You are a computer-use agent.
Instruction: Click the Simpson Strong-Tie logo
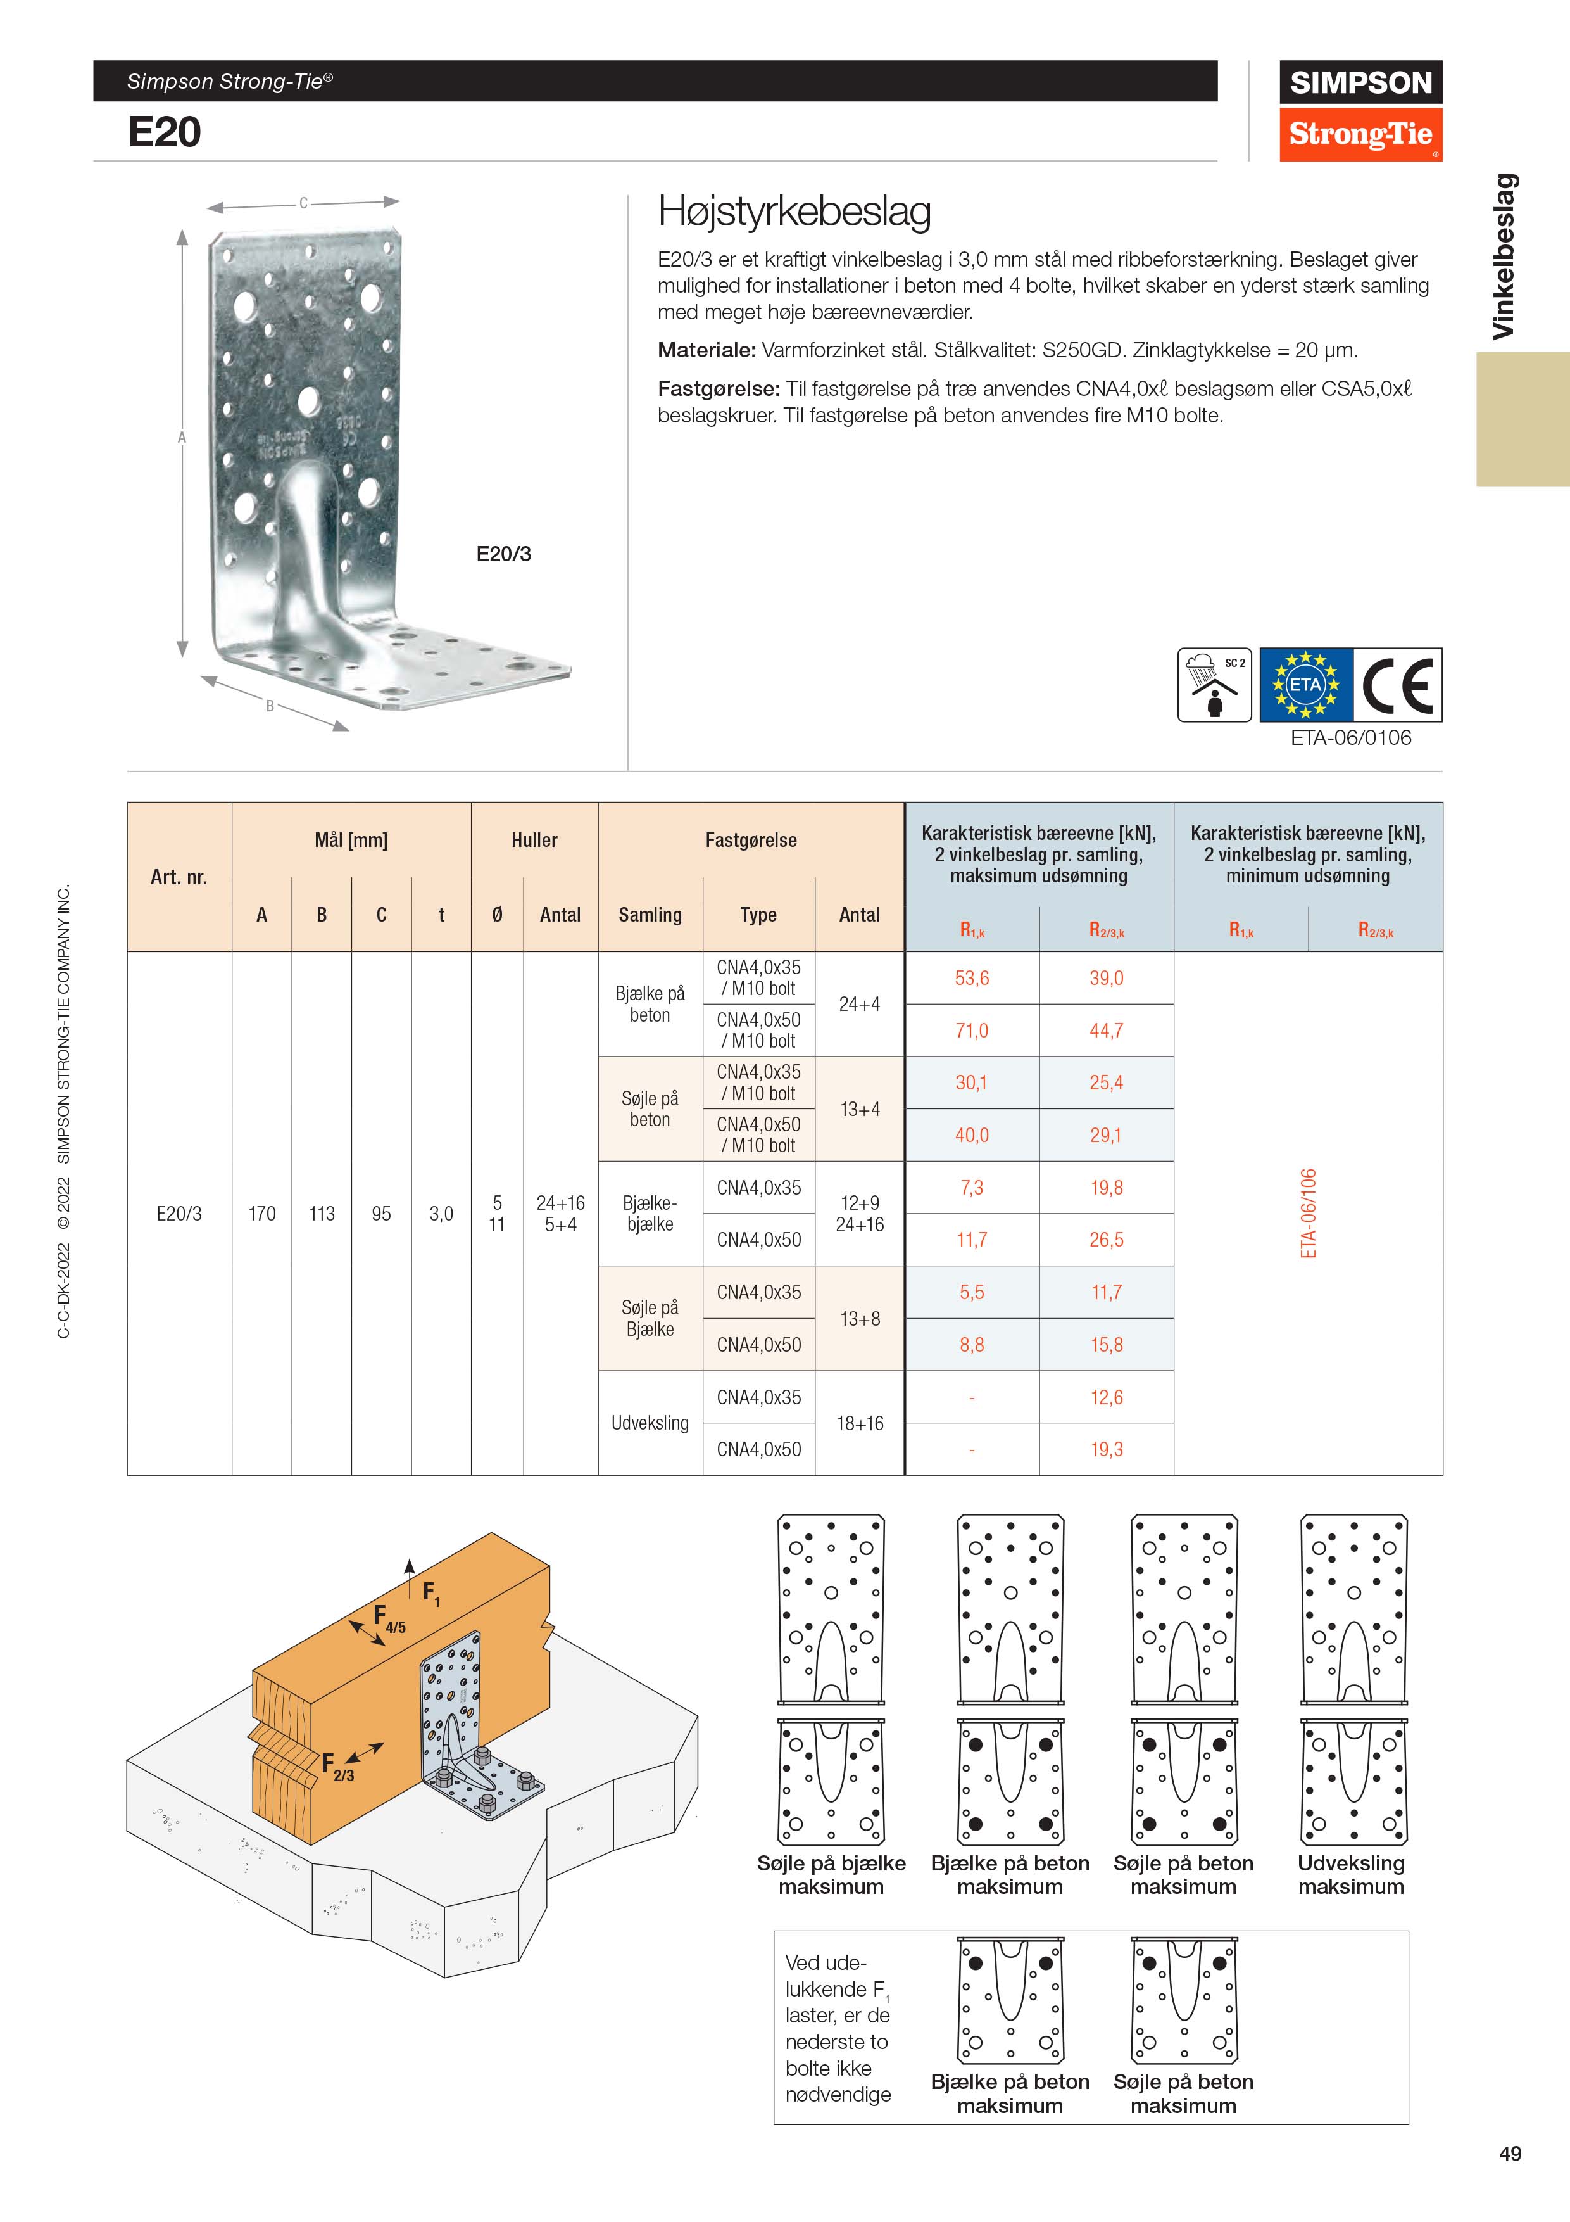1360,110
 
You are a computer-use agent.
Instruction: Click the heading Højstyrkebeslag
794,211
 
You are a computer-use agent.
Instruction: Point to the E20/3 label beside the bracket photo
504,554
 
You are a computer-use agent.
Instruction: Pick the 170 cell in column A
261,1214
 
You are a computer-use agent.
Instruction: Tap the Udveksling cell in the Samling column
650,1423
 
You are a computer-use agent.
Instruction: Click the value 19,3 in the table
1107,1449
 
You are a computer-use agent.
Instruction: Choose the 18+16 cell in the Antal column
860,1423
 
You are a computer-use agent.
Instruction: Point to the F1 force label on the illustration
430,1591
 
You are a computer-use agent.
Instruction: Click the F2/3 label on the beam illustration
337,1766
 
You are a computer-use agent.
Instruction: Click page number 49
1510,2154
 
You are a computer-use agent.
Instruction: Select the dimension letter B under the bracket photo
271,706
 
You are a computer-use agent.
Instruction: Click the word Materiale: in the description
707,350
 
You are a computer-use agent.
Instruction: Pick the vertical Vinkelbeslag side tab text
1504,257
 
